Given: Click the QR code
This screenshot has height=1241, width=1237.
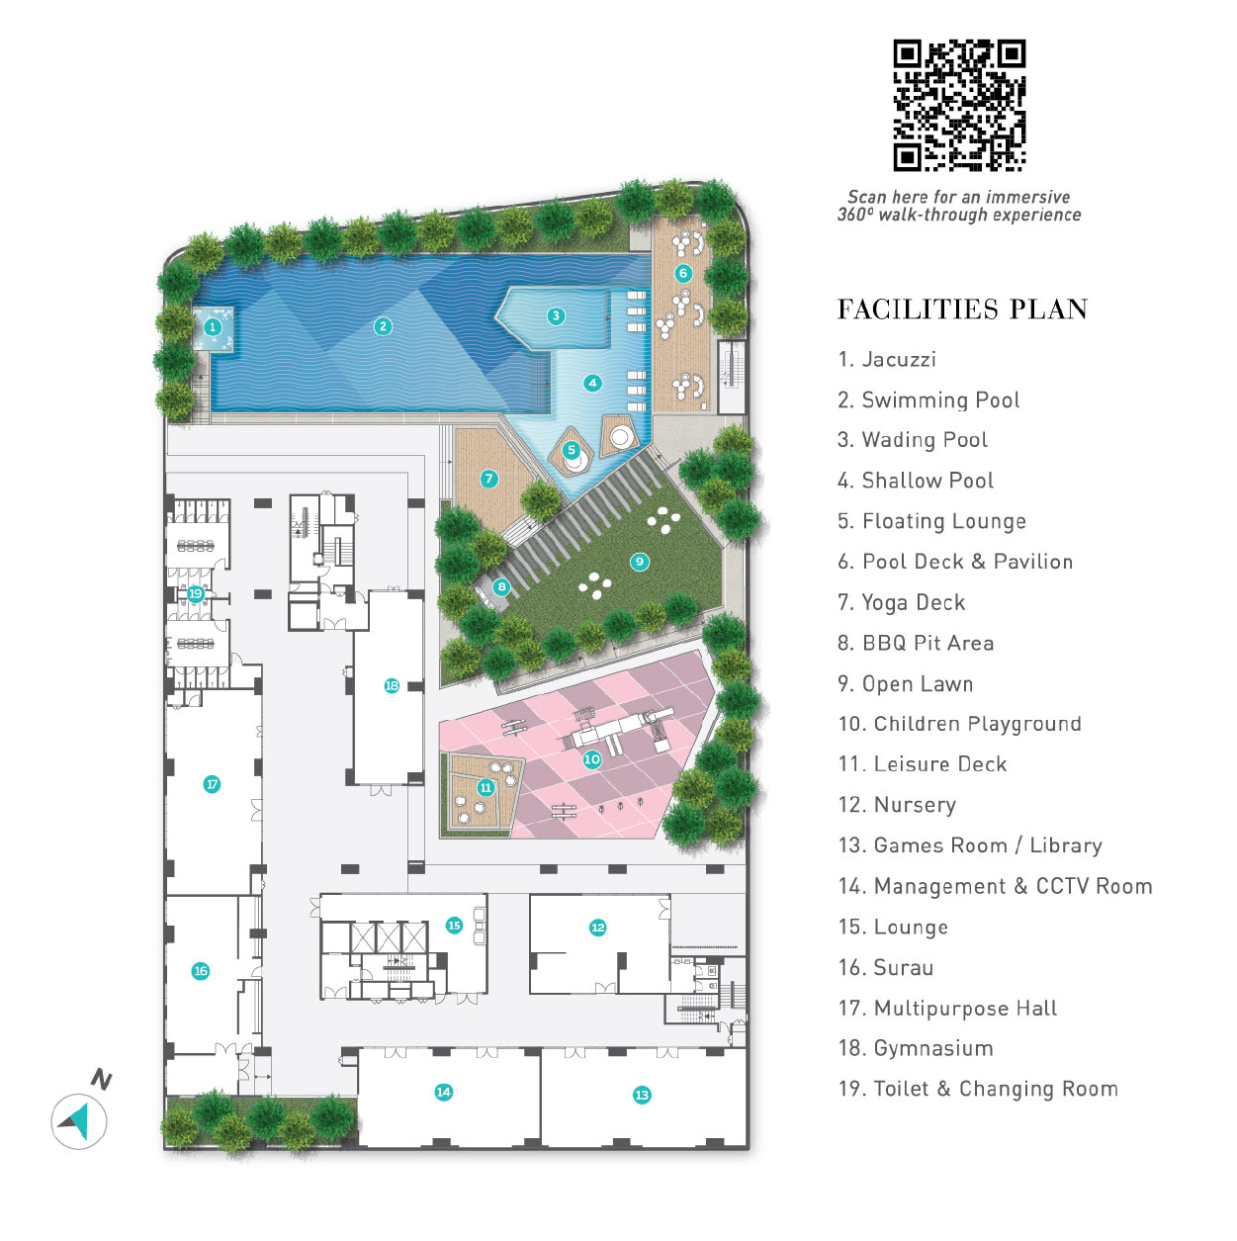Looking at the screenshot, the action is click(959, 106).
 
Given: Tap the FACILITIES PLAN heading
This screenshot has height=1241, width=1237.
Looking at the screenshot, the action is click(962, 310).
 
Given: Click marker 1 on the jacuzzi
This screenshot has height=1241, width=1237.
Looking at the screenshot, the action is click(212, 327).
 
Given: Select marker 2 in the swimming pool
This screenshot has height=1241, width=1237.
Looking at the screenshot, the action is click(383, 326).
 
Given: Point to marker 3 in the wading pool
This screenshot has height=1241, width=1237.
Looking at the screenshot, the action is click(556, 315).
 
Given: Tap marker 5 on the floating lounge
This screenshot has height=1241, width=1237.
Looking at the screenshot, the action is click(571, 450).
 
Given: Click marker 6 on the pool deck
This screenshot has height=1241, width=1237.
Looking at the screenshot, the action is click(683, 273).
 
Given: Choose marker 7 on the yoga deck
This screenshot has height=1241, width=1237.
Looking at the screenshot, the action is click(489, 478).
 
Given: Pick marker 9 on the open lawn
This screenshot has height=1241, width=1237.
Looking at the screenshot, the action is click(639, 562).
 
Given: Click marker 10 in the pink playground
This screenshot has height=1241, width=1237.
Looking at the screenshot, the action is click(591, 759).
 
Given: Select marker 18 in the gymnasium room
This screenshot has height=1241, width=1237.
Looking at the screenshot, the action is click(391, 686).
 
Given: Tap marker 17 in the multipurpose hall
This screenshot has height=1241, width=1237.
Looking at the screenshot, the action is click(212, 784).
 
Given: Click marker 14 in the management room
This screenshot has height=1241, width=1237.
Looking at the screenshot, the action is click(443, 1092).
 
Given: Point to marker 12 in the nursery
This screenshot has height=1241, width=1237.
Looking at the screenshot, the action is click(597, 928).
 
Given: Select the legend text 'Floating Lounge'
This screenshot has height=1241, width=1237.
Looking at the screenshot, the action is click(944, 520).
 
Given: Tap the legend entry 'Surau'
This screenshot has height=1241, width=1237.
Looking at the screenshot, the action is click(903, 967).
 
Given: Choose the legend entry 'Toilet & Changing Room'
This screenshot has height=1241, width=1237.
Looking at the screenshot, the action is click(978, 1089).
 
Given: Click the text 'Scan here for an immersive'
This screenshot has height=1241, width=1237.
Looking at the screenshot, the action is click(959, 197).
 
